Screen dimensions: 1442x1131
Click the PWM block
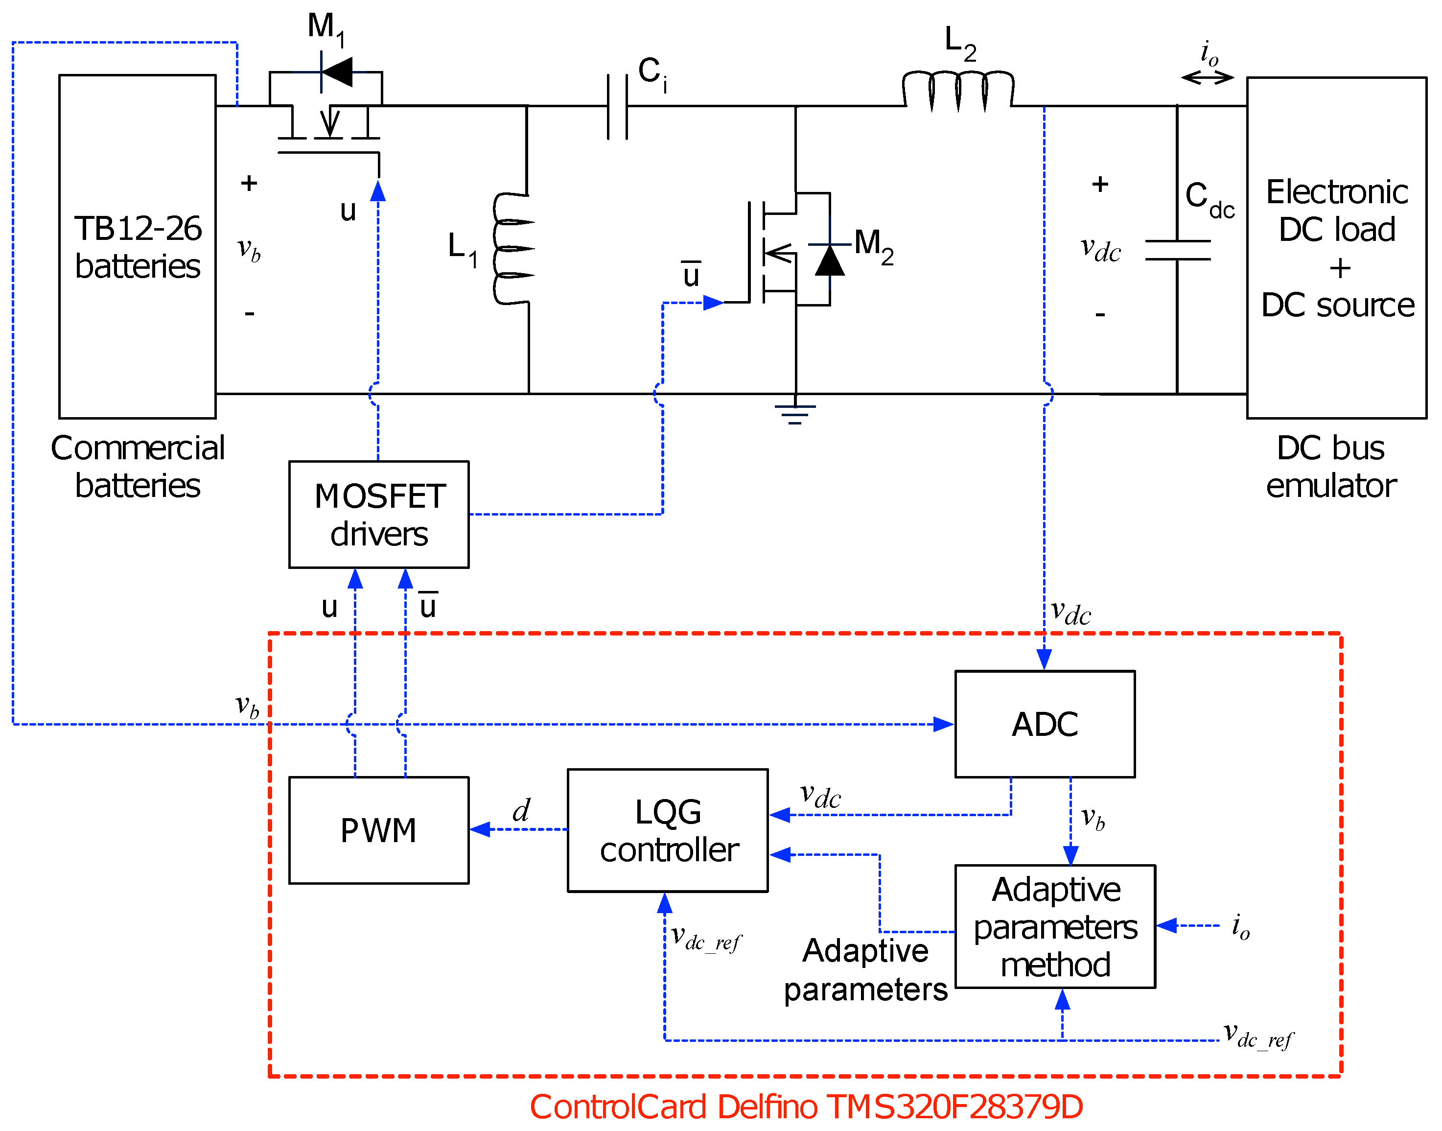tap(379, 830)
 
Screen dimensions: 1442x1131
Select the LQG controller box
tap(667, 830)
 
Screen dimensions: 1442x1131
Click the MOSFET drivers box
tap(379, 515)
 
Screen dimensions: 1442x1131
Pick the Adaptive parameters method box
tap(1055, 926)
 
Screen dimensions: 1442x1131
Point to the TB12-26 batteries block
tap(138, 246)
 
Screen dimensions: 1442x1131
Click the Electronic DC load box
tap(1337, 248)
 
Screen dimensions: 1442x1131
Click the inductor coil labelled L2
tap(958, 92)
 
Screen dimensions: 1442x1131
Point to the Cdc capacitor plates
tap(1178, 250)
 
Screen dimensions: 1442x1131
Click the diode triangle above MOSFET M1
tap(337, 71)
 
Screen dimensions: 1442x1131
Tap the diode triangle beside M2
tap(830, 260)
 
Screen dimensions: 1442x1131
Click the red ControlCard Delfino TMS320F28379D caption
tap(806, 1107)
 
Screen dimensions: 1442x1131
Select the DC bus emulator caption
tap(1331, 466)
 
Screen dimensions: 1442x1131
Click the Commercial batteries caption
tap(138, 466)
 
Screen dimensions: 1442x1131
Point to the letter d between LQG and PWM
tap(522, 810)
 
